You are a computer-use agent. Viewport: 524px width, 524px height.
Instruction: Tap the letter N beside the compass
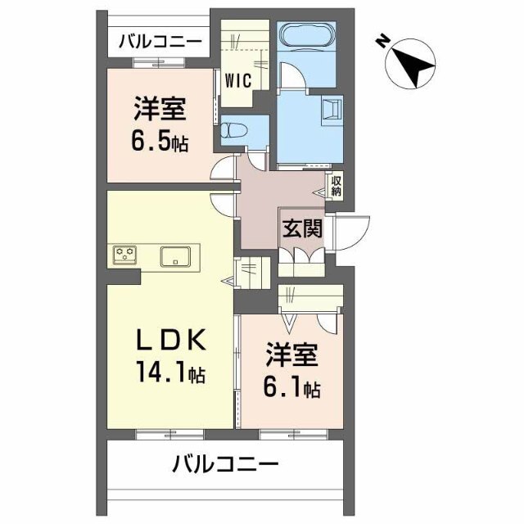click(382, 40)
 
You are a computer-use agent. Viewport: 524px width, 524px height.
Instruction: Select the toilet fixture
click(233, 130)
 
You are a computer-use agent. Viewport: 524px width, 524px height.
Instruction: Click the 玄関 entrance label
click(302, 228)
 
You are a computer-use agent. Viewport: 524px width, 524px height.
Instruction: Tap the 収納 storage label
click(337, 186)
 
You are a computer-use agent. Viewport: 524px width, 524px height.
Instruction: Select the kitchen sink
click(176, 255)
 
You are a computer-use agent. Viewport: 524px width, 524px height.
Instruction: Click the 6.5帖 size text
click(160, 141)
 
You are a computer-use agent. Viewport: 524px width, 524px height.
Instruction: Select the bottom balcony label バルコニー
click(225, 465)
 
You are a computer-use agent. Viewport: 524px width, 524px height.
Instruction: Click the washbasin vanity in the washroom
click(332, 112)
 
